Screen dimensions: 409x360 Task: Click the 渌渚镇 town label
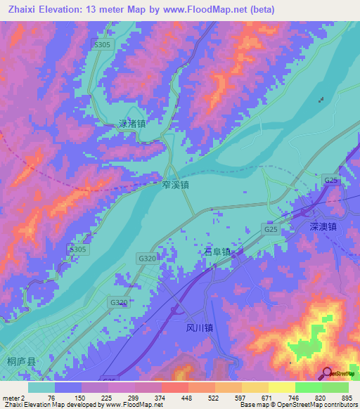click(131, 124)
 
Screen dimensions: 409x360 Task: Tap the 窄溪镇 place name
click(174, 186)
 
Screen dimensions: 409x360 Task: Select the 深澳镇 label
click(323, 227)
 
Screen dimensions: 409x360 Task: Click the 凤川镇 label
click(200, 327)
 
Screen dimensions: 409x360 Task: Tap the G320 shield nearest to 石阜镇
click(147, 259)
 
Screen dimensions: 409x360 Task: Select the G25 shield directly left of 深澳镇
click(271, 229)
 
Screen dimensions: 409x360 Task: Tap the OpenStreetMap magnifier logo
click(328, 372)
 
